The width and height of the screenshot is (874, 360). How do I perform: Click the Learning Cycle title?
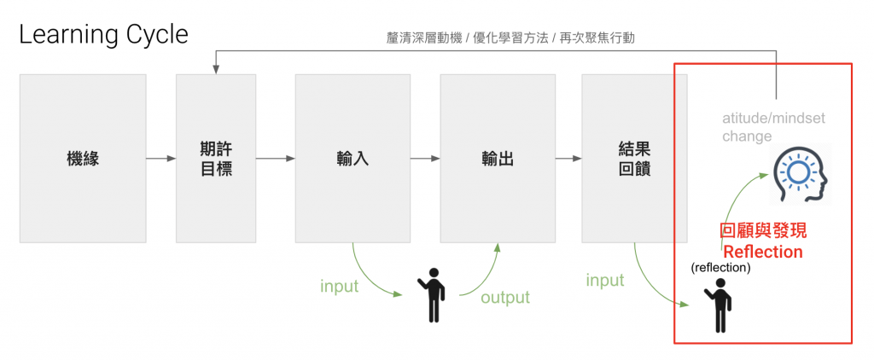click(x=103, y=35)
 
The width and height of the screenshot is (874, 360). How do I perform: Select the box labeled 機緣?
click(x=83, y=159)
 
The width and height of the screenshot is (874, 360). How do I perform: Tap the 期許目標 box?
click(x=216, y=159)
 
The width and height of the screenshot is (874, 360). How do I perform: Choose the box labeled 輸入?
click(x=353, y=159)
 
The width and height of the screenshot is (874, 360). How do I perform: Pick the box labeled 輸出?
click(x=498, y=159)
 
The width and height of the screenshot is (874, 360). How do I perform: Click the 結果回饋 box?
click(x=634, y=159)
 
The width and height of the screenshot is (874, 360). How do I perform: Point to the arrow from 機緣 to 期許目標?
click(x=161, y=159)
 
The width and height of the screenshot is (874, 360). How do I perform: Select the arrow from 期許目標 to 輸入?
click(x=276, y=159)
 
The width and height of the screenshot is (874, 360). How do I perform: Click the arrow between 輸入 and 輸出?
click(x=425, y=159)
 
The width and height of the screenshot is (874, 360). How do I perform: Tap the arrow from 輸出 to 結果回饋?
click(x=568, y=159)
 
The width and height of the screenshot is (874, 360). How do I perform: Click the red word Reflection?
click(x=762, y=252)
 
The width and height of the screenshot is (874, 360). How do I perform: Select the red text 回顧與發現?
click(x=763, y=231)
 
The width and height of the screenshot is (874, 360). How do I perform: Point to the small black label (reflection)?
click(x=720, y=268)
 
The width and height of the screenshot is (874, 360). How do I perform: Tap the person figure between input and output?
click(x=432, y=295)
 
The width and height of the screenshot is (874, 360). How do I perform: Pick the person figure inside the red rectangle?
click(x=718, y=305)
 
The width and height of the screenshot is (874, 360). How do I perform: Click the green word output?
click(x=505, y=297)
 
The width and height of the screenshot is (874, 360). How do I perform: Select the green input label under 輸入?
click(x=340, y=287)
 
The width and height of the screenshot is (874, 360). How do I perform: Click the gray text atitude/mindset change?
click(x=773, y=127)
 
